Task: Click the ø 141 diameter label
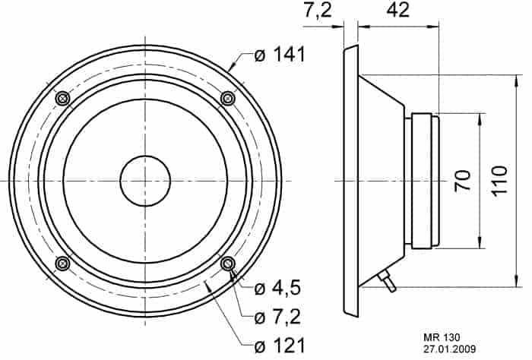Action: (280, 55)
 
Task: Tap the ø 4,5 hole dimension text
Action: (277, 289)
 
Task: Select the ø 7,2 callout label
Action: (277, 317)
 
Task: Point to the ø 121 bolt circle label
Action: (280, 346)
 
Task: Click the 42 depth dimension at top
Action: (398, 10)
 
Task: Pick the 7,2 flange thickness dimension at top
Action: (318, 11)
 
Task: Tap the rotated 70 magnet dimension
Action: (463, 180)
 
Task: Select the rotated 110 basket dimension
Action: (499, 180)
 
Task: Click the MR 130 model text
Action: (442, 337)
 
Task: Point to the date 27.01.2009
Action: (449, 349)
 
